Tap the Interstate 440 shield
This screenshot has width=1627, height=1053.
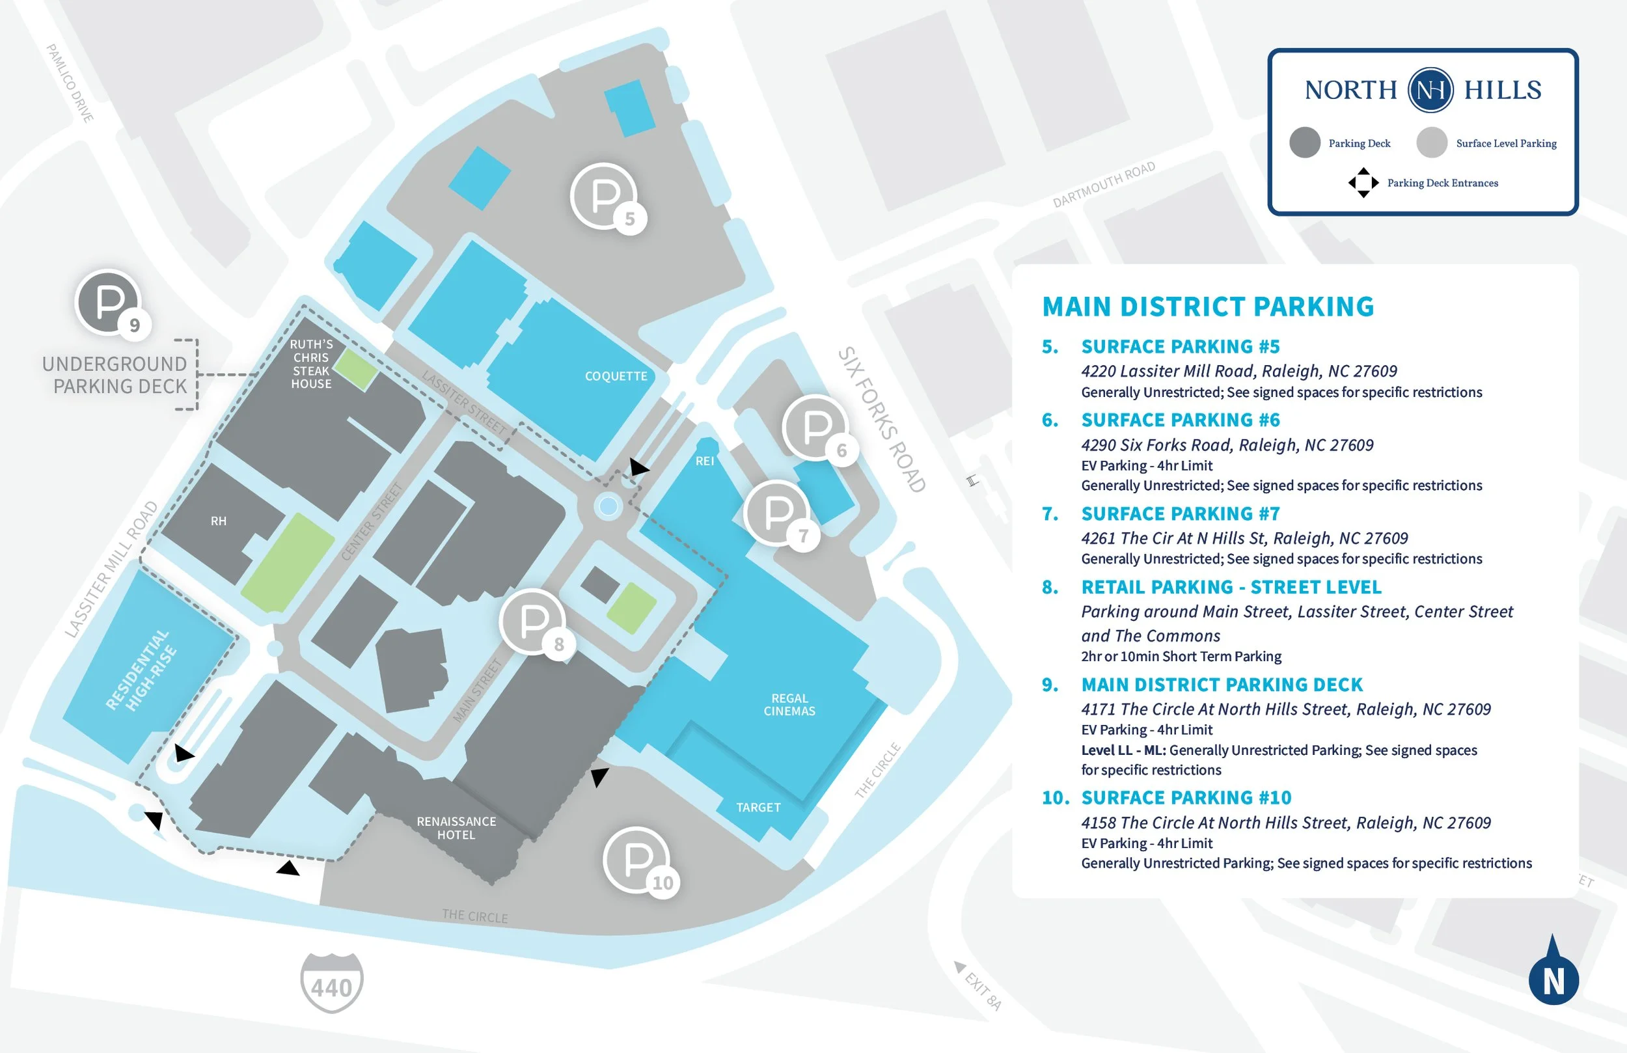click(x=331, y=983)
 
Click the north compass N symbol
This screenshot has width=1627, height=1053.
click(x=1554, y=971)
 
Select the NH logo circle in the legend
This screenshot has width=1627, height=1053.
click(x=1430, y=90)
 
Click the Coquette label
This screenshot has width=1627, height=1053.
click(x=616, y=376)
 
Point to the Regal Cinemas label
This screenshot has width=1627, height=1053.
click(x=789, y=704)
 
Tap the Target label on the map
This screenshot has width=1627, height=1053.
click(x=758, y=808)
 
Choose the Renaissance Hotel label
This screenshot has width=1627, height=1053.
click(x=457, y=828)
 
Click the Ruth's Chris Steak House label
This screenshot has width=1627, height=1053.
click(x=311, y=364)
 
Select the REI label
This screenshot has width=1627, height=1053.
click(x=705, y=461)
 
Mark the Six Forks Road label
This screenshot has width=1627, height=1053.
click(x=882, y=419)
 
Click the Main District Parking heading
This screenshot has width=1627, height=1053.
click(x=1208, y=307)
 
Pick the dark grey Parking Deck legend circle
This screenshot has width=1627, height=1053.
click(x=1305, y=143)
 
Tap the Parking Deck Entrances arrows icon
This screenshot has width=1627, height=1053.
click(x=1363, y=183)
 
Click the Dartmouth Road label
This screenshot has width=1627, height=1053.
click(x=1104, y=184)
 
